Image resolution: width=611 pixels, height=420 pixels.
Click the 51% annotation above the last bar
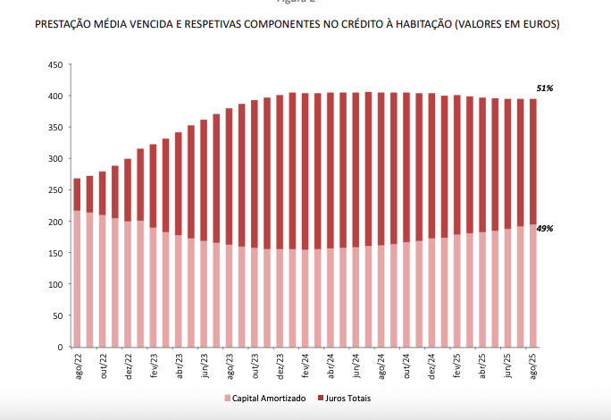pyautogui.click(x=544, y=88)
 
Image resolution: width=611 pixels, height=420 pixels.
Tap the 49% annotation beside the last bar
pyautogui.click(x=544, y=229)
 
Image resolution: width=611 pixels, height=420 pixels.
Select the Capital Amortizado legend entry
pyautogui.click(x=264, y=398)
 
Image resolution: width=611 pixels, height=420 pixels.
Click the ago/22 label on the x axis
pyautogui.click(x=78, y=366)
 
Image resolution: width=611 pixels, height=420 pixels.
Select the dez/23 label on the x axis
pyautogui.click(x=280, y=366)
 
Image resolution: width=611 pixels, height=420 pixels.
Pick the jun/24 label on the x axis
pyautogui.click(x=356, y=366)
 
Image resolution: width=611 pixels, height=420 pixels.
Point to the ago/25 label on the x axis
pyautogui.click(x=534, y=366)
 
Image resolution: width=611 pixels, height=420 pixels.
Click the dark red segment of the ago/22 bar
pyautogui.click(x=77, y=194)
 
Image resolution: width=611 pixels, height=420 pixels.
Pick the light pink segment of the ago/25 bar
pyautogui.click(x=533, y=286)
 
